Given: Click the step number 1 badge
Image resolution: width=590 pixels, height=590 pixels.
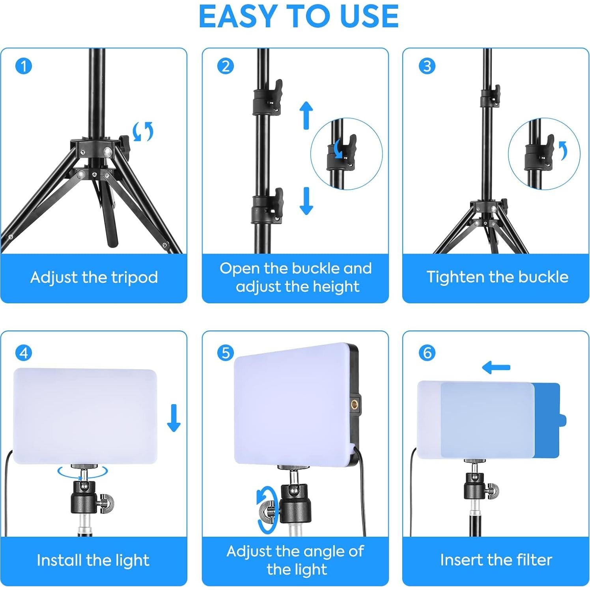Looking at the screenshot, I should pyautogui.click(x=23, y=66).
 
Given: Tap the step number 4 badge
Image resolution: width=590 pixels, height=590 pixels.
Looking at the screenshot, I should pyautogui.click(x=23, y=353).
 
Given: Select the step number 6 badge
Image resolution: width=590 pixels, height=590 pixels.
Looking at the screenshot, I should pyautogui.click(x=427, y=353).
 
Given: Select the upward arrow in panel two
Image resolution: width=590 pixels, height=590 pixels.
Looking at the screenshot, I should pyautogui.click(x=306, y=115).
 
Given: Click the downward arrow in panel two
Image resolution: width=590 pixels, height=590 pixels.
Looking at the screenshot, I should pyautogui.click(x=306, y=201).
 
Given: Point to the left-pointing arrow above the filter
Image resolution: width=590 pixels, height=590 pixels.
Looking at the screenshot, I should pyautogui.click(x=496, y=368).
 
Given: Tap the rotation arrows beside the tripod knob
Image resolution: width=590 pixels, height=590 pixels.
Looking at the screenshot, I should pyautogui.click(x=143, y=131).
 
